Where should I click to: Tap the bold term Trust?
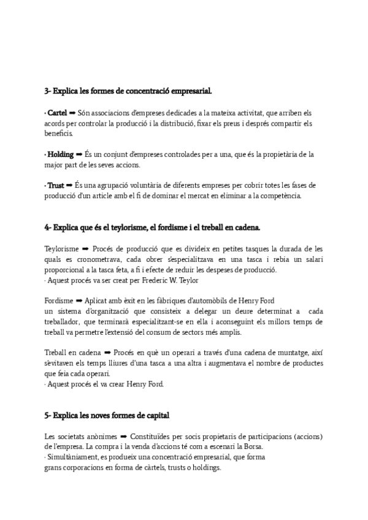pyautogui.click(x=56, y=185)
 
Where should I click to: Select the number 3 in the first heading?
pyautogui.click(x=47, y=91)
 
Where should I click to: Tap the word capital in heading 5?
pyautogui.click(x=155, y=415)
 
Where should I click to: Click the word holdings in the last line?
pyautogui.click(x=205, y=467)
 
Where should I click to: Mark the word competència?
pyautogui.click(x=279, y=196)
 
